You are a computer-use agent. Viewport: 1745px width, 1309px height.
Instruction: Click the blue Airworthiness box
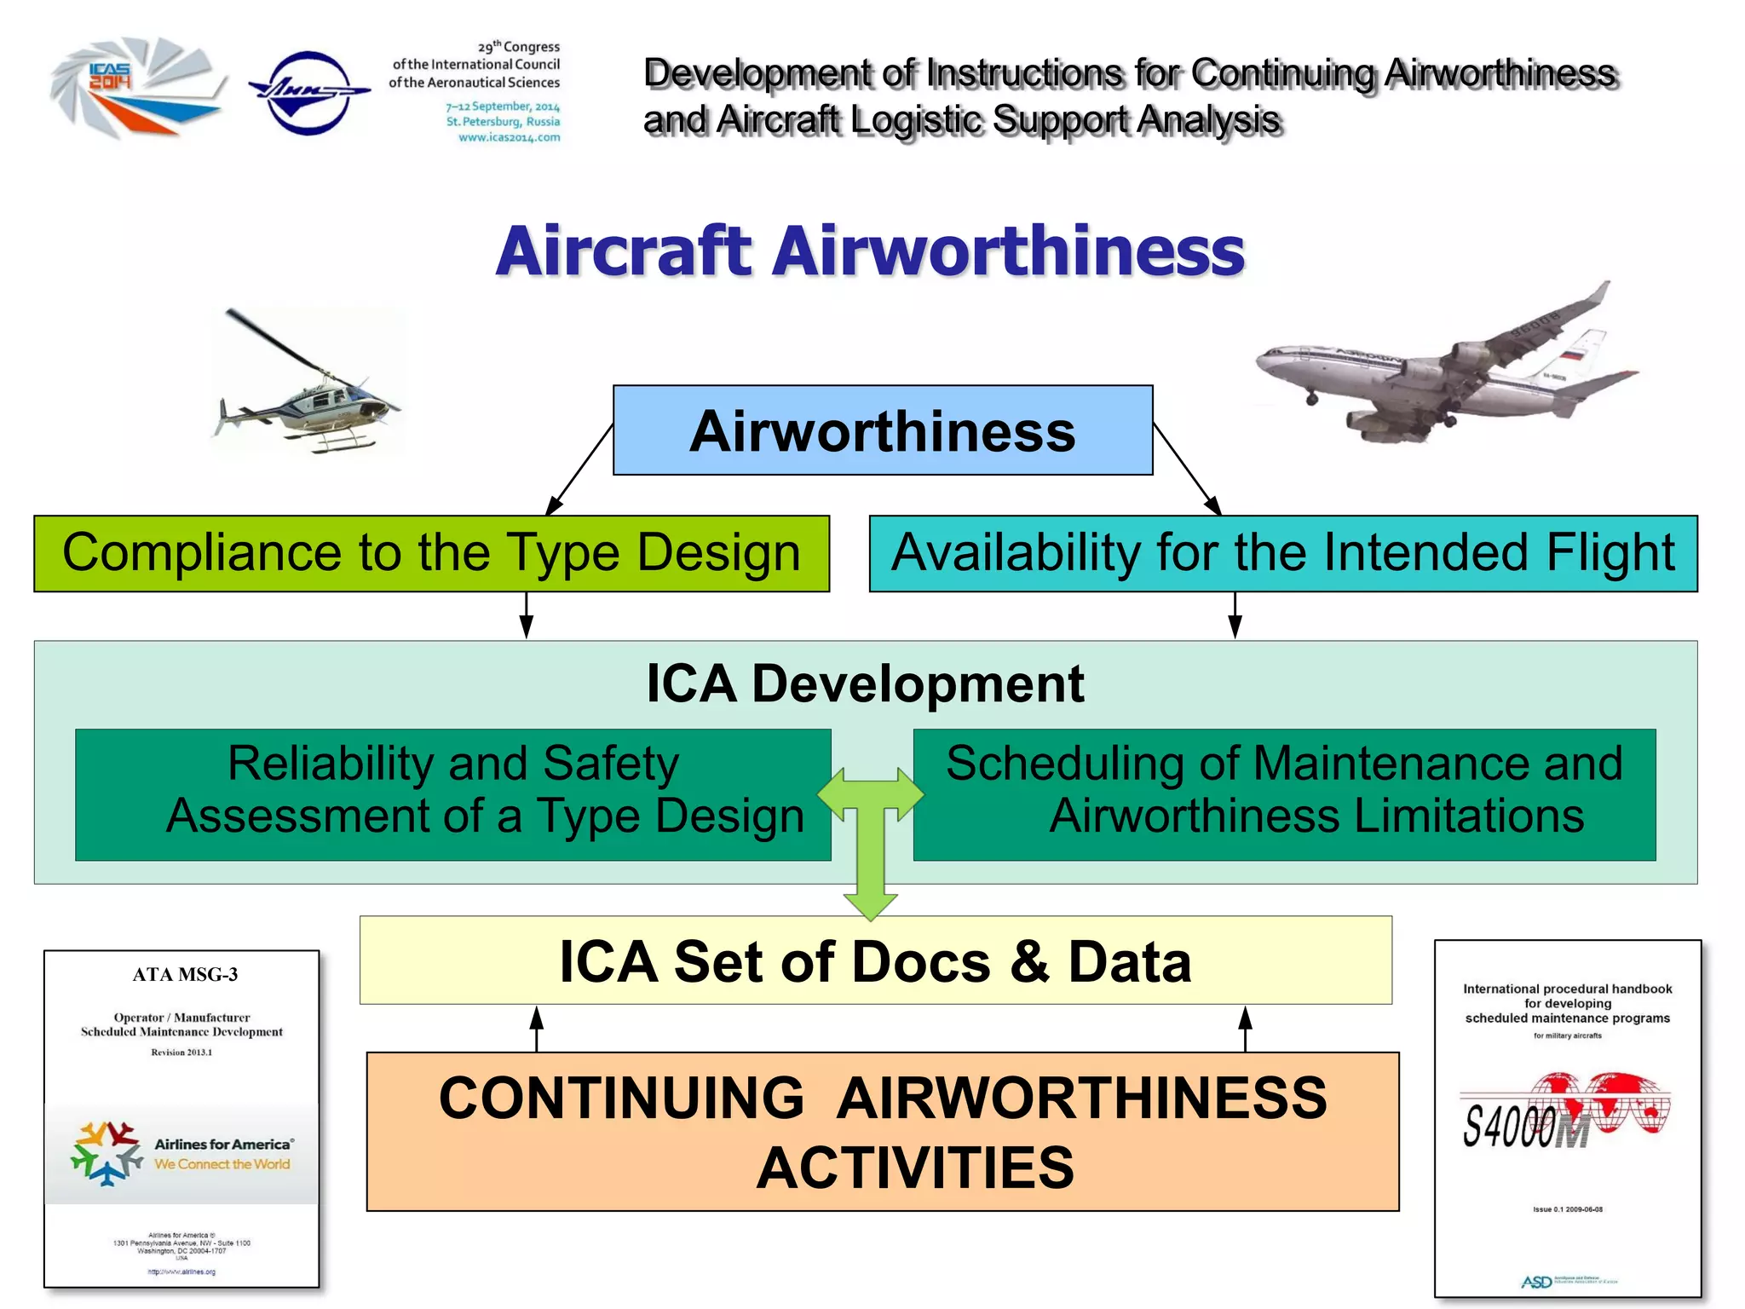coord(883,430)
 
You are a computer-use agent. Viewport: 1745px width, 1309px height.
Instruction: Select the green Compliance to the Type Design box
coord(431,553)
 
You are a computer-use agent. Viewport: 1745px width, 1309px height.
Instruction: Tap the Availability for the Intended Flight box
coord(1282,553)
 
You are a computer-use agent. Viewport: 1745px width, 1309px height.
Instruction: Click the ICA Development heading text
coord(865,683)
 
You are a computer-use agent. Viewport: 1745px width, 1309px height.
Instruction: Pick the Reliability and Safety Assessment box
coord(452,793)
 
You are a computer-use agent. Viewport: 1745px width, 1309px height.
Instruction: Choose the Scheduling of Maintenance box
coord(1284,793)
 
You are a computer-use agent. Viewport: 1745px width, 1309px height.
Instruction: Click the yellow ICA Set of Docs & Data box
coord(875,960)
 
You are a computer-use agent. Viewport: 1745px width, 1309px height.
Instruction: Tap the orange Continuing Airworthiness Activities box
coord(882,1131)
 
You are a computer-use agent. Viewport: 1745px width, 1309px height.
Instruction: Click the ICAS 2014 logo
coord(136,87)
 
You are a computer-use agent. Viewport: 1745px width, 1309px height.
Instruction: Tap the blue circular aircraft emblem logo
coord(308,91)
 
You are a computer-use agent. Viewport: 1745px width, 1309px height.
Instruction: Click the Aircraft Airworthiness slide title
coord(870,251)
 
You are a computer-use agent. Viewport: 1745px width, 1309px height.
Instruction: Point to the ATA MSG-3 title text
coord(185,974)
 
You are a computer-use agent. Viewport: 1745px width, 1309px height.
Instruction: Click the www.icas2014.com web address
coord(509,137)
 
